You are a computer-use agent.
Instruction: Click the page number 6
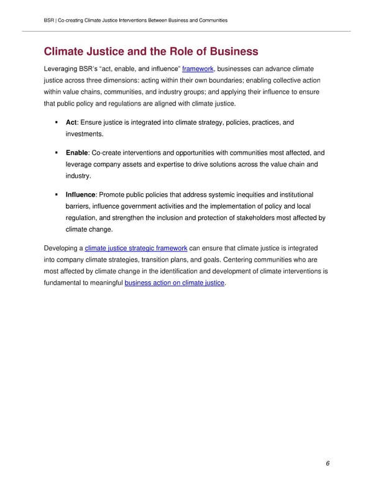[327, 464]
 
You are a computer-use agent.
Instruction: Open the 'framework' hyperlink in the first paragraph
[197, 68]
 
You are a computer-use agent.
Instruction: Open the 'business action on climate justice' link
[175, 284]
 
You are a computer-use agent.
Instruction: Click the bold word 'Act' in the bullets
[71, 122]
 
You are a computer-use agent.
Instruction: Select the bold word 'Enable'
[77, 152]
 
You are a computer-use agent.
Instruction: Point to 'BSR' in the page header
[50, 20]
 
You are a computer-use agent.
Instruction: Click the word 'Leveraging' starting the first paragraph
[62, 68]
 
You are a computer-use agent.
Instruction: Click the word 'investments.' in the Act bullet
[85, 134]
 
